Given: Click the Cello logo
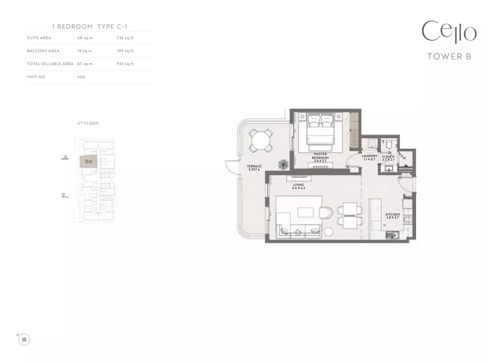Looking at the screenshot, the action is tap(449, 32).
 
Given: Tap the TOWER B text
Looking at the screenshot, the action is tap(449, 56).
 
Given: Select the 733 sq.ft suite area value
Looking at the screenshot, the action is tap(125, 38).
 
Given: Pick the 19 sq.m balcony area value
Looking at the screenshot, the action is tap(84, 51).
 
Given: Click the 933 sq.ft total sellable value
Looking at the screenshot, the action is tap(125, 64).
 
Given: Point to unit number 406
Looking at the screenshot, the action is tap(81, 77).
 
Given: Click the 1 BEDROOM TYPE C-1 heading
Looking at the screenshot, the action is tap(90, 27).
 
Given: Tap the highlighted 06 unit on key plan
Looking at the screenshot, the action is tap(88, 162).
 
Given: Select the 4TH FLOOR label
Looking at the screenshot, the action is tap(88, 123).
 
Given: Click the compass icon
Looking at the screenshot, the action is tap(24, 340).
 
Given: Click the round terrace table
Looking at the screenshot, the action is tap(261, 141).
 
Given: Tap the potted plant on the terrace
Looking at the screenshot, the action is tap(283, 165).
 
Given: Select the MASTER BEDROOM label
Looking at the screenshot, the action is tap(320, 156).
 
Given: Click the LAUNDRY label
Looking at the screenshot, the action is tap(369, 156).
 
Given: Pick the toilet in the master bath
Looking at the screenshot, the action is tap(389, 144).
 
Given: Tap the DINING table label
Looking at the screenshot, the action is tap(350, 216).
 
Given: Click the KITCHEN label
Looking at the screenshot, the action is tap(392, 215).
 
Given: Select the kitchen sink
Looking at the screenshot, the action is tap(392, 235).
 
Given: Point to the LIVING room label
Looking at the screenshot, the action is tap(298, 185).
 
